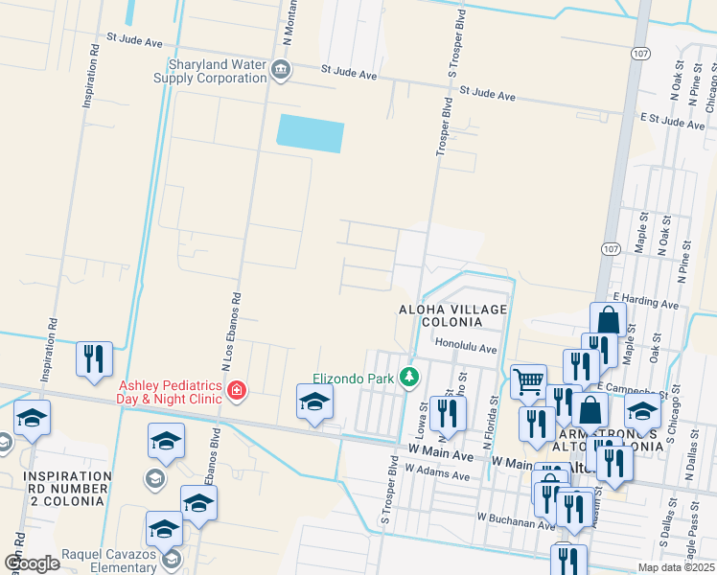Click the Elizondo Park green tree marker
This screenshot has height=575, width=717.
(410, 378)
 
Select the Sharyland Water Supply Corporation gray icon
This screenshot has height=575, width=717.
(281, 70)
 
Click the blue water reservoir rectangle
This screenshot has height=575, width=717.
(310, 134)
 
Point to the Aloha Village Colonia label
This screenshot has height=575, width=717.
(452, 315)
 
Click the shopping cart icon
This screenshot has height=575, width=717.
(528, 381)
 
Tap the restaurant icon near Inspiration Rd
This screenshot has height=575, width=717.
(94, 359)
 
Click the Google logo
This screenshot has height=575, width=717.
(32, 563)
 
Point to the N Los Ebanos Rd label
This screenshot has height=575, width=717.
(229, 330)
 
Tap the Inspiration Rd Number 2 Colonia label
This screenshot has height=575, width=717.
(67, 487)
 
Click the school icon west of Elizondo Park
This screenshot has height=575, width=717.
(313, 402)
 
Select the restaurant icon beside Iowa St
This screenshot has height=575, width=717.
(448, 412)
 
